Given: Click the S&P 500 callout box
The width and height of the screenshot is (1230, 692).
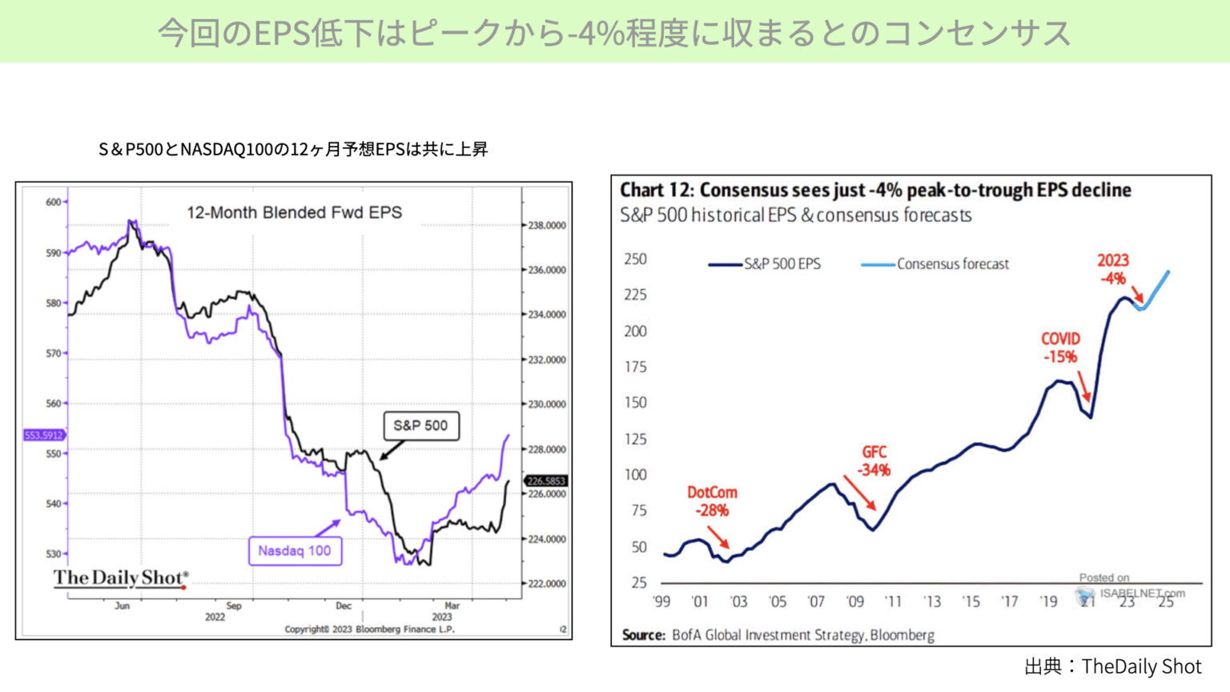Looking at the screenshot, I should point(420,425).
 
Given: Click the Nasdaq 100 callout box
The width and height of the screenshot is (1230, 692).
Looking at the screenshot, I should point(295,551).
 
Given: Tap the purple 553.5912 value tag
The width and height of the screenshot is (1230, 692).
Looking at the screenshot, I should point(43,435).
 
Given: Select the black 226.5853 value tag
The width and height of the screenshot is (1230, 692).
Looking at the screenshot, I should point(546,481).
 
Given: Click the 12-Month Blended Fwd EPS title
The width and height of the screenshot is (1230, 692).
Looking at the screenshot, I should point(294,212).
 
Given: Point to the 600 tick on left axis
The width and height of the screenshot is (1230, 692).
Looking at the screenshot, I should point(54,202).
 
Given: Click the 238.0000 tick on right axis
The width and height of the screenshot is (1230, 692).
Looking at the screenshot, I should point(547,225).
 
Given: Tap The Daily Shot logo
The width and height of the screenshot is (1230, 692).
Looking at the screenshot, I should point(121,578).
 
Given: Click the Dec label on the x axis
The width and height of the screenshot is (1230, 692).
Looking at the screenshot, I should point(344,605).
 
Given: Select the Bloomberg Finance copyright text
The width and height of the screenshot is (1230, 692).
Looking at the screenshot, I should point(369,629).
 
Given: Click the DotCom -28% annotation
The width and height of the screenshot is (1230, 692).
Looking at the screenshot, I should point(712,501).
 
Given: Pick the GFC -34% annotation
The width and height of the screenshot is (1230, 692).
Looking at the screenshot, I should point(874,461).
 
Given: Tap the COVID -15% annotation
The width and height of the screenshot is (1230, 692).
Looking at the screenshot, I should point(1060,348).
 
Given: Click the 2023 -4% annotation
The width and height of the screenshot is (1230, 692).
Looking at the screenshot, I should point(1112,269).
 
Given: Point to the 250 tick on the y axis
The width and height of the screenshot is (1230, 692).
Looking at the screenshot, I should point(635,259).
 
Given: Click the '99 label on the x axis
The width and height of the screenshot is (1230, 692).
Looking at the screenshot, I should point(661,601).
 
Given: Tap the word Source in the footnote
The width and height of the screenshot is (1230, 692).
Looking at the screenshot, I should point(643,635).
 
